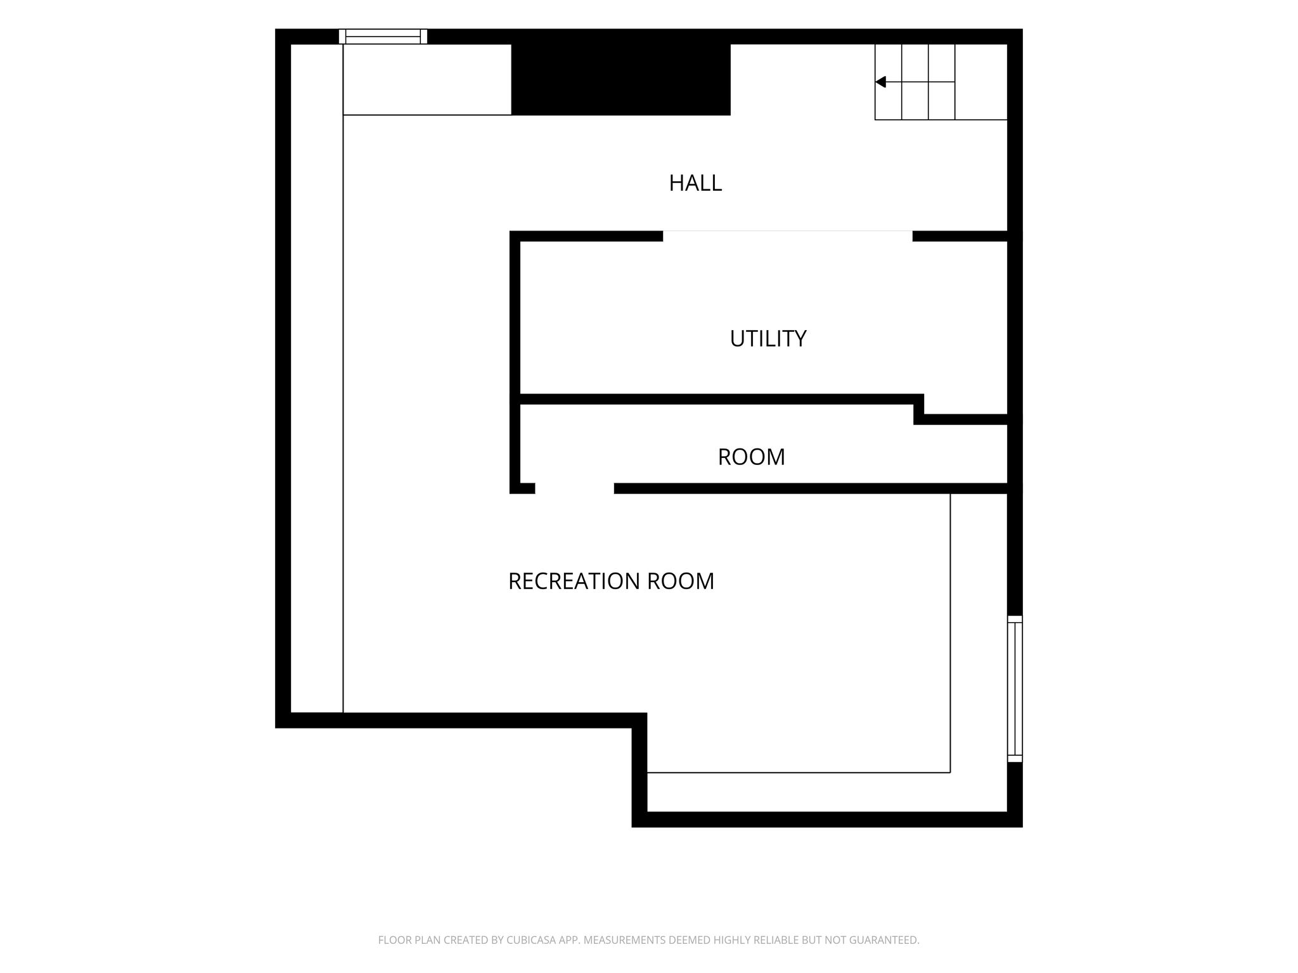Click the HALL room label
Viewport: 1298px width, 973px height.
point(695,183)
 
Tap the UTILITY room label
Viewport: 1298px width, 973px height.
point(768,339)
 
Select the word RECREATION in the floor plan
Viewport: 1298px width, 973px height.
point(574,581)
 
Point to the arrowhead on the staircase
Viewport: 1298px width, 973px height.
point(880,82)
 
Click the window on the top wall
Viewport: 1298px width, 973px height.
point(383,36)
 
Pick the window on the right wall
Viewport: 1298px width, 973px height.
point(1015,689)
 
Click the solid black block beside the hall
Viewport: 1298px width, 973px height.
point(620,79)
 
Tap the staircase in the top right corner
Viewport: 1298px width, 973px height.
point(941,82)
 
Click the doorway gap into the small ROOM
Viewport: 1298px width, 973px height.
point(574,488)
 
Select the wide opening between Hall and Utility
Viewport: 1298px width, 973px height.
point(787,236)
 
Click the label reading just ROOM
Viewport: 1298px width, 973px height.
point(751,457)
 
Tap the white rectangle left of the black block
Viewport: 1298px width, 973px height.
point(427,79)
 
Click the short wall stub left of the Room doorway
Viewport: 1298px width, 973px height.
point(522,488)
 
